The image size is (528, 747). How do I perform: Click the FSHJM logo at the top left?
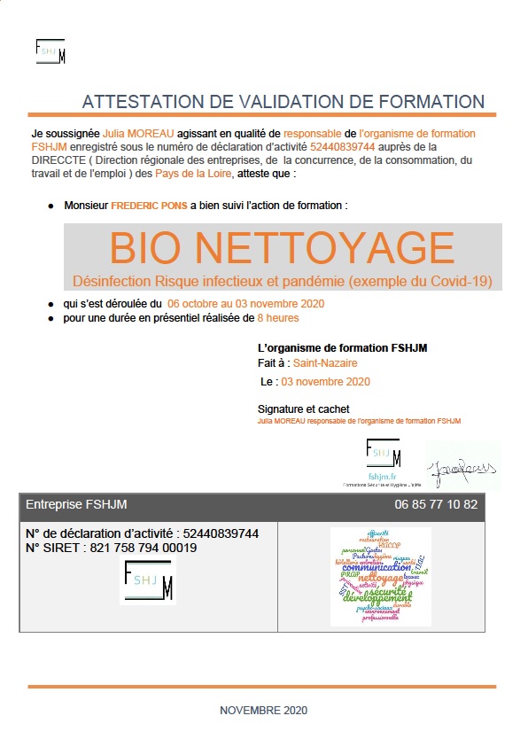50,51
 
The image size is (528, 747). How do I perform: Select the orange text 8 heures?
278,317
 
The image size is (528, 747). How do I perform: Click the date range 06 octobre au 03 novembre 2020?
245,304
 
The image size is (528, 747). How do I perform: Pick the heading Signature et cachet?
303,409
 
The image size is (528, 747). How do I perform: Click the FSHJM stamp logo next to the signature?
384,460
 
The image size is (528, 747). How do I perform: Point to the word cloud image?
380,576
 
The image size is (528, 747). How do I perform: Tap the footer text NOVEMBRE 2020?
264,711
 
